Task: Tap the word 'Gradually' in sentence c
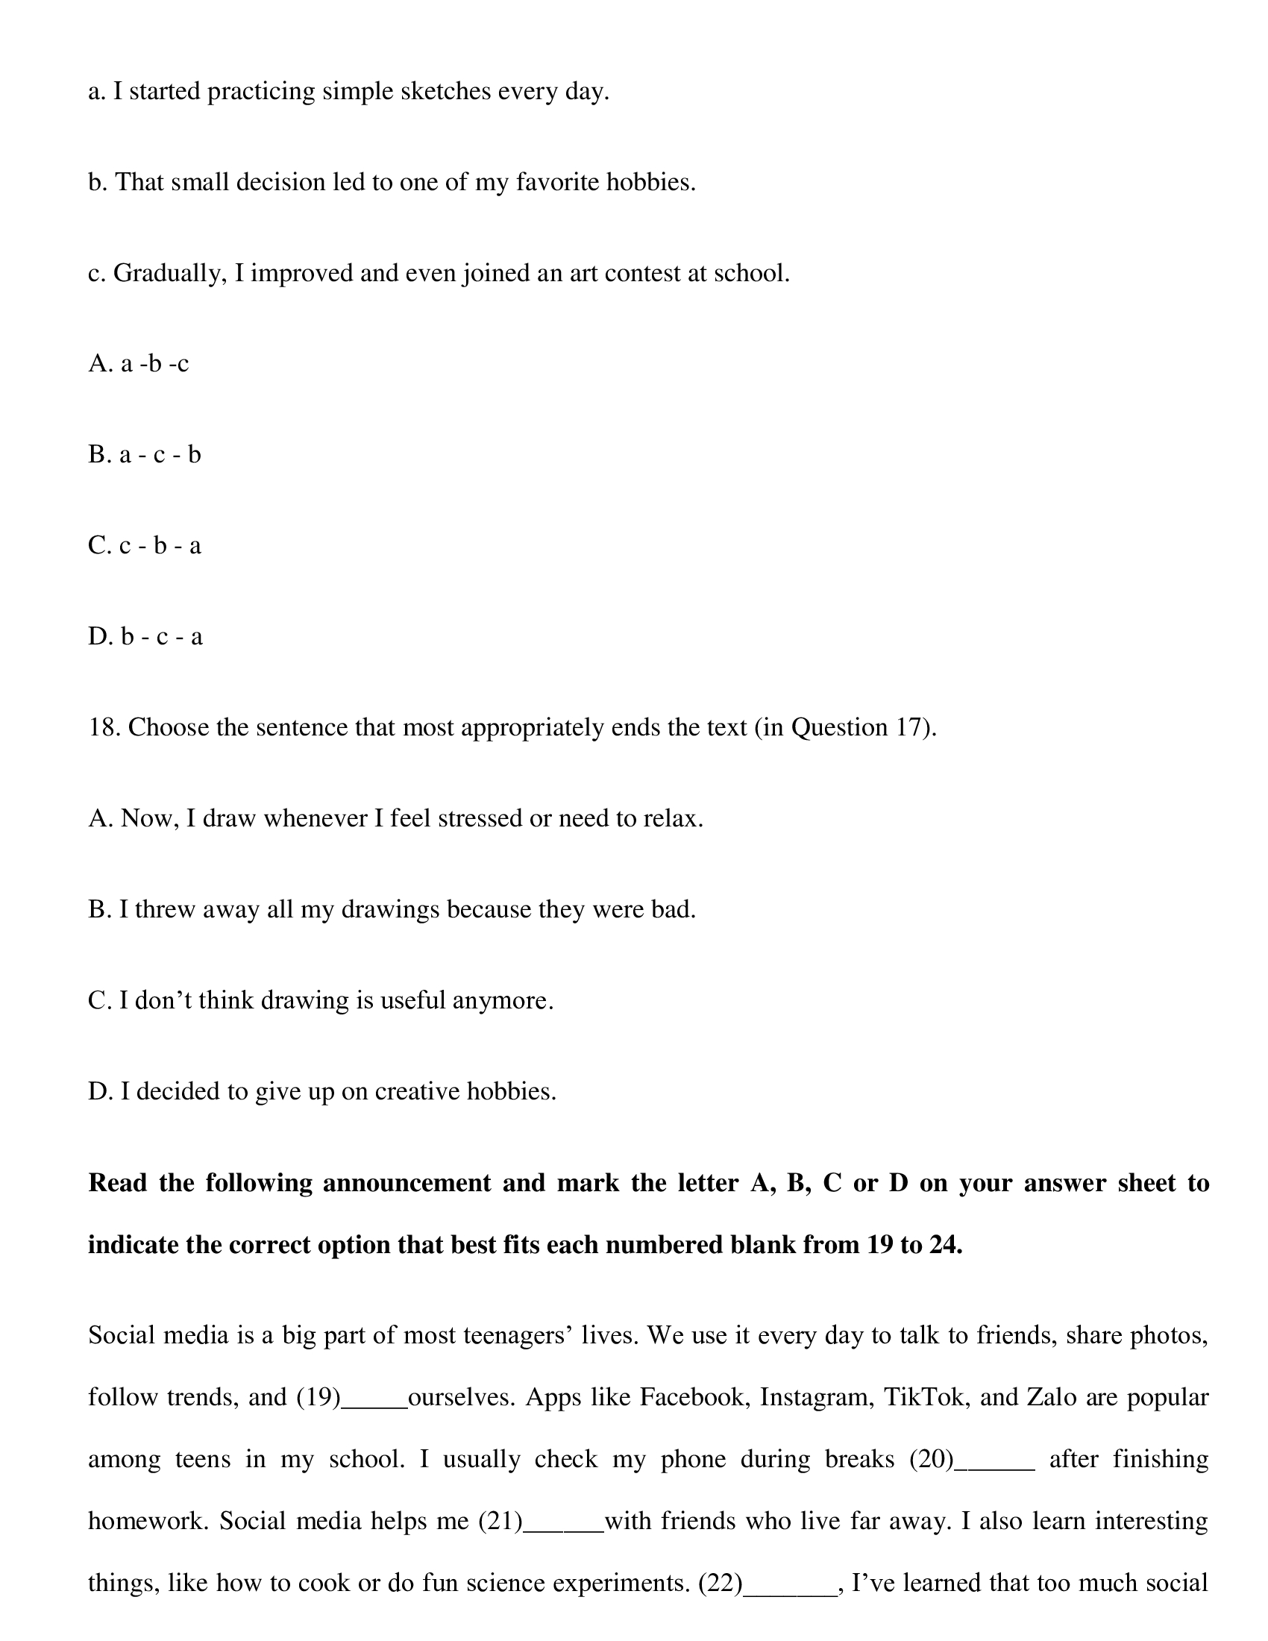169,274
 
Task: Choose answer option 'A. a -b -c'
138,365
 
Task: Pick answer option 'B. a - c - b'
144,455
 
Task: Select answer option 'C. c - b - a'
144,546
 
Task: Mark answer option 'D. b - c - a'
145,637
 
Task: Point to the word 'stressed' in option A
480,819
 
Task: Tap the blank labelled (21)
562,1522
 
